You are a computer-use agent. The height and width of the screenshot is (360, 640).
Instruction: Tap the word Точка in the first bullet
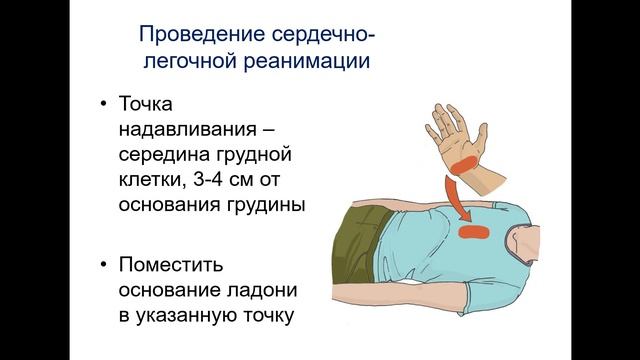(146, 106)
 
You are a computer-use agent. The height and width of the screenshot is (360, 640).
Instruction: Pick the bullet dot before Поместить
(103, 267)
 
